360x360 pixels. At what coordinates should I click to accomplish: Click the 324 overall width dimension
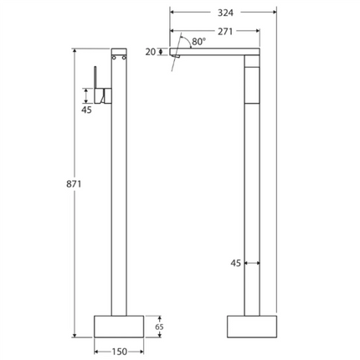(x=224, y=13)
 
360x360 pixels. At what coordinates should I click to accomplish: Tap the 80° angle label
(x=197, y=40)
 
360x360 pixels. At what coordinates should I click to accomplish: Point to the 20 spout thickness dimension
(x=150, y=52)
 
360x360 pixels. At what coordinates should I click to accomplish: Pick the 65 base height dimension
(x=159, y=327)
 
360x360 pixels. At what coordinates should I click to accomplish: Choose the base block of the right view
(x=251, y=327)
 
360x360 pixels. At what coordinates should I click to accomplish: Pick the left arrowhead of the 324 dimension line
(x=172, y=13)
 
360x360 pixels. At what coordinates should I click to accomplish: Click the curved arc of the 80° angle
(x=186, y=44)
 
